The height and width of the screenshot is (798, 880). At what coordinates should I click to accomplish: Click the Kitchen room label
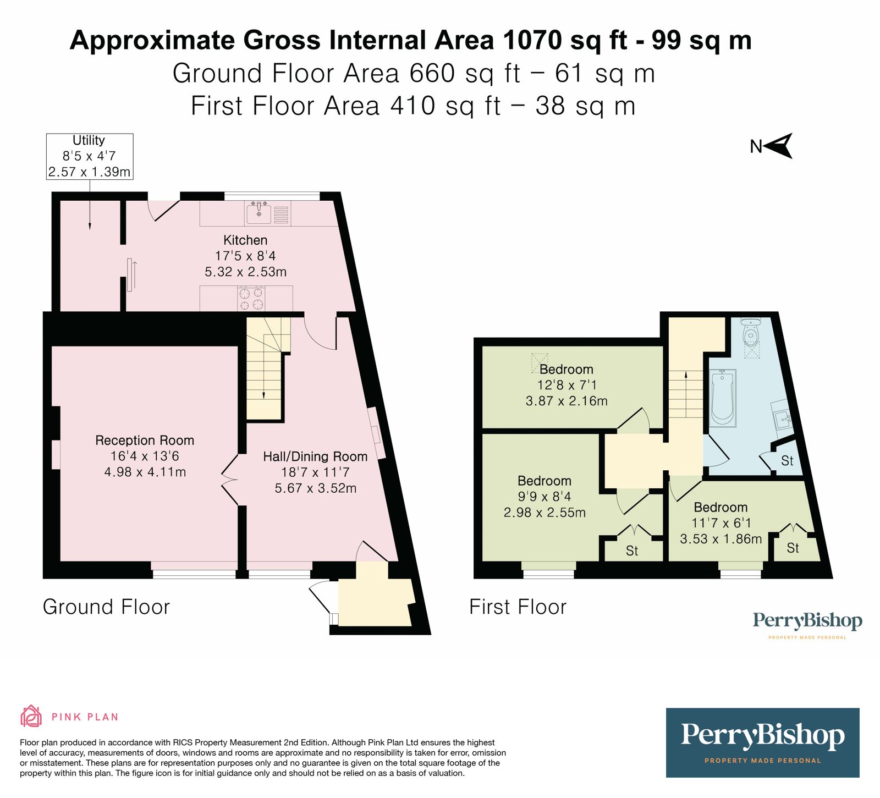[245, 240]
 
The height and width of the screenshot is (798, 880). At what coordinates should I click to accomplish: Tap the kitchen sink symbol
[259, 212]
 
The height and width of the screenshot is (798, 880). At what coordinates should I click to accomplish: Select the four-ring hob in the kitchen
[251, 299]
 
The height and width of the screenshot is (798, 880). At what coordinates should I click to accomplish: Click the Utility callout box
[89, 156]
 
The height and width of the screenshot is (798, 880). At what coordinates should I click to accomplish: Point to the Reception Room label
[145, 441]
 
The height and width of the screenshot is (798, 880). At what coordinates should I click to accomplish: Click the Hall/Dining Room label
[315, 456]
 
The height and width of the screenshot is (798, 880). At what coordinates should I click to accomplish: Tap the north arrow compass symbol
[778, 146]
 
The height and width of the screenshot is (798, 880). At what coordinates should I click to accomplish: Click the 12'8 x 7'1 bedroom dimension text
[566, 385]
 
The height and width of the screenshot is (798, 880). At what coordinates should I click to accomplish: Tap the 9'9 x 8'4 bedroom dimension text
[544, 497]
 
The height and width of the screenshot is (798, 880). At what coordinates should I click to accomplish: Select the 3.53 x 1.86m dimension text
[721, 539]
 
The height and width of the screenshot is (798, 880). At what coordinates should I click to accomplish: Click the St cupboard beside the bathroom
[787, 461]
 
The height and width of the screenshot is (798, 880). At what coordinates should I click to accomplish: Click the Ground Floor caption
[106, 607]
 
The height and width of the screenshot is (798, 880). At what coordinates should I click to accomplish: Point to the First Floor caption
[518, 607]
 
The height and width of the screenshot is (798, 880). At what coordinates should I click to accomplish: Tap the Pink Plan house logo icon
[31, 716]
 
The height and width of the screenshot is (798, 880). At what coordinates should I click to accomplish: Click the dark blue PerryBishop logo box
[762, 742]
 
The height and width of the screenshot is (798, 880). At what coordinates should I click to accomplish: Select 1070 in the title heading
[532, 40]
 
